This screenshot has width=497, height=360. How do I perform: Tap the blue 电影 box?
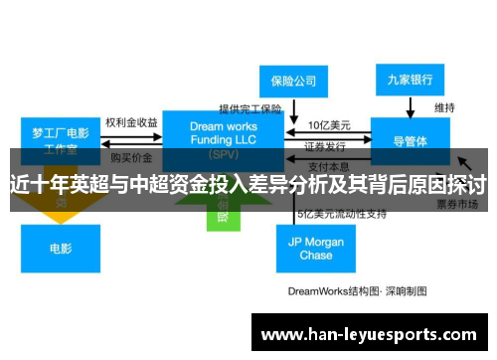(61, 248)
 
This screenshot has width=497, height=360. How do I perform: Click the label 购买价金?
(131, 157)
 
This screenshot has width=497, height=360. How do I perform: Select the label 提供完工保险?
(250, 108)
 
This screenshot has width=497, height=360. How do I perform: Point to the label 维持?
(444, 106)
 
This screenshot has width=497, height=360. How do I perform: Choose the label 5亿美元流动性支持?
(341, 214)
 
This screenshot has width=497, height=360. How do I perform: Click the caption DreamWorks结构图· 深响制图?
(357, 291)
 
